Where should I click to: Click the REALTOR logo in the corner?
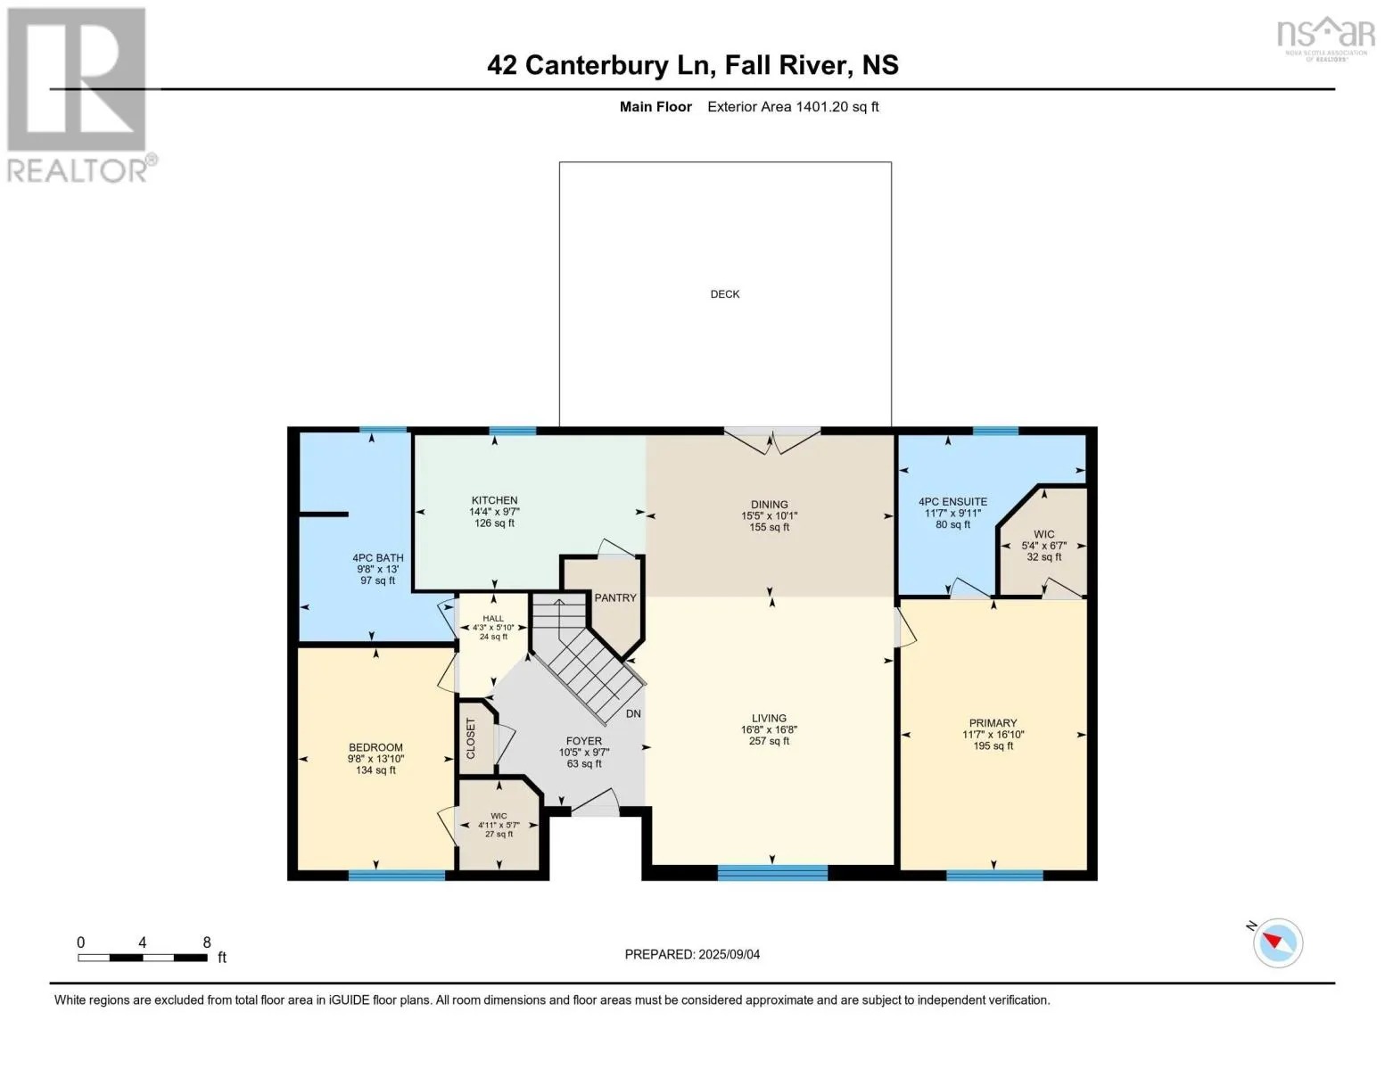pos(78,95)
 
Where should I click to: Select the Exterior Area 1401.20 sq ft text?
pos(793,107)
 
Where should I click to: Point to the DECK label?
pos(724,294)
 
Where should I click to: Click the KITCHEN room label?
pos(494,500)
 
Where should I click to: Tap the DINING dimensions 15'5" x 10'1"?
pos(769,515)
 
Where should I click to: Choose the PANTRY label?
pos(615,597)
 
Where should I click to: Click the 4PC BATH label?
pos(377,558)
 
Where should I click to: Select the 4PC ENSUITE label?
pos(952,502)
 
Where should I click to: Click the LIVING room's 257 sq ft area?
pos(769,741)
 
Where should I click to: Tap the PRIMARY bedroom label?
pos(993,723)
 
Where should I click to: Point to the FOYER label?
pos(584,741)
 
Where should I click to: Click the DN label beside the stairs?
pos(633,713)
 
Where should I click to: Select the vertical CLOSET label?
pos(472,738)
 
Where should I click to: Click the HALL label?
pos(493,618)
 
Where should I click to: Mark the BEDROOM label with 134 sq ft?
pos(375,747)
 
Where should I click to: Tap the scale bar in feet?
pos(143,958)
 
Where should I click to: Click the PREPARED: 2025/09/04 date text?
pos(692,954)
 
